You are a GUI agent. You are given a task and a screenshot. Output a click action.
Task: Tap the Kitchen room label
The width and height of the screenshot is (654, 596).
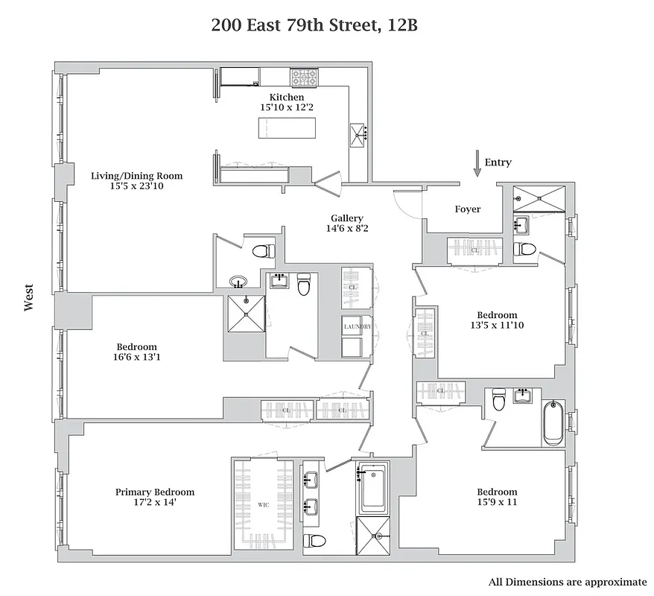(x=286, y=98)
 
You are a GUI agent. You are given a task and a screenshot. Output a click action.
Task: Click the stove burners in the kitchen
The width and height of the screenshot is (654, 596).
(x=303, y=76)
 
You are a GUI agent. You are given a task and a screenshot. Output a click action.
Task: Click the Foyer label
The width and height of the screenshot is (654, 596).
(x=468, y=209)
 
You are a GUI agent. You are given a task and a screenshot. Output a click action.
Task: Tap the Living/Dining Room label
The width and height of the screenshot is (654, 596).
(x=136, y=176)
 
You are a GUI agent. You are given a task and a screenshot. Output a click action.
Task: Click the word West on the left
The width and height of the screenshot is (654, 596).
(x=29, y=297)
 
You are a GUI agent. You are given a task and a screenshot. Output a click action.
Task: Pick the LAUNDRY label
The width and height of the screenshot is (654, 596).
(x=356, y=327)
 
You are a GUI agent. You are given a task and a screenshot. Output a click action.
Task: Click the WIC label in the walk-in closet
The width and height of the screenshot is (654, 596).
(x=263, y=505)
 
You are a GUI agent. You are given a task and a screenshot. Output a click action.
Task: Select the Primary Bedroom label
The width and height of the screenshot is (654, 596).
(x=155, y=492)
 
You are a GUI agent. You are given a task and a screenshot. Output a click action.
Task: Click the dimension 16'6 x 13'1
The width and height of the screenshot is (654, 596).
(x=136, y=357)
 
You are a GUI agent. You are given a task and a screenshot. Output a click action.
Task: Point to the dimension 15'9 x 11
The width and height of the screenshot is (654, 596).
(x=497, y=502)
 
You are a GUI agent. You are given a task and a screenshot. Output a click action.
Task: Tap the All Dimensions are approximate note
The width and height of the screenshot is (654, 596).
(x=568, y=581)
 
